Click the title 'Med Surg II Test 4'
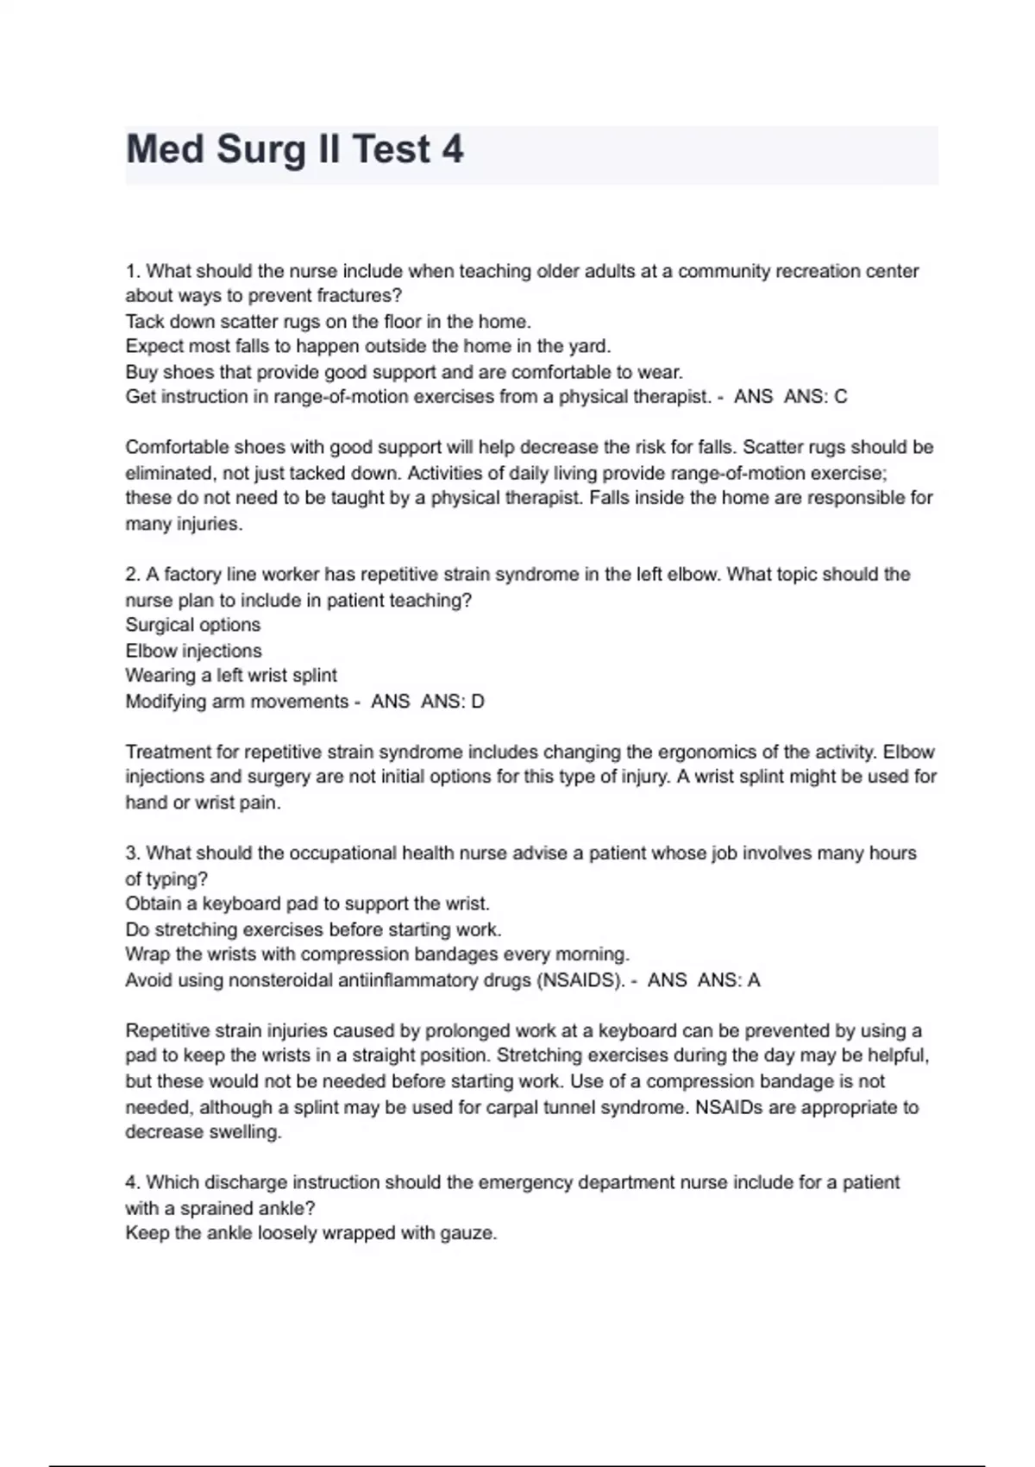294,149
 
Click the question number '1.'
133,271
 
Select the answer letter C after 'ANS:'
841,397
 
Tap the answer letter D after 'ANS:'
478,702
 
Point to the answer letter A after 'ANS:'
754,980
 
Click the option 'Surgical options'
192,625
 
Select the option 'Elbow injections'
193,651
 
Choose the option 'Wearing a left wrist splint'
231,676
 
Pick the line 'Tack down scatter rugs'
328,322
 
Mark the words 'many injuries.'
184,524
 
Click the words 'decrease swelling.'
204,1132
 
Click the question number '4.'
133,1182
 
